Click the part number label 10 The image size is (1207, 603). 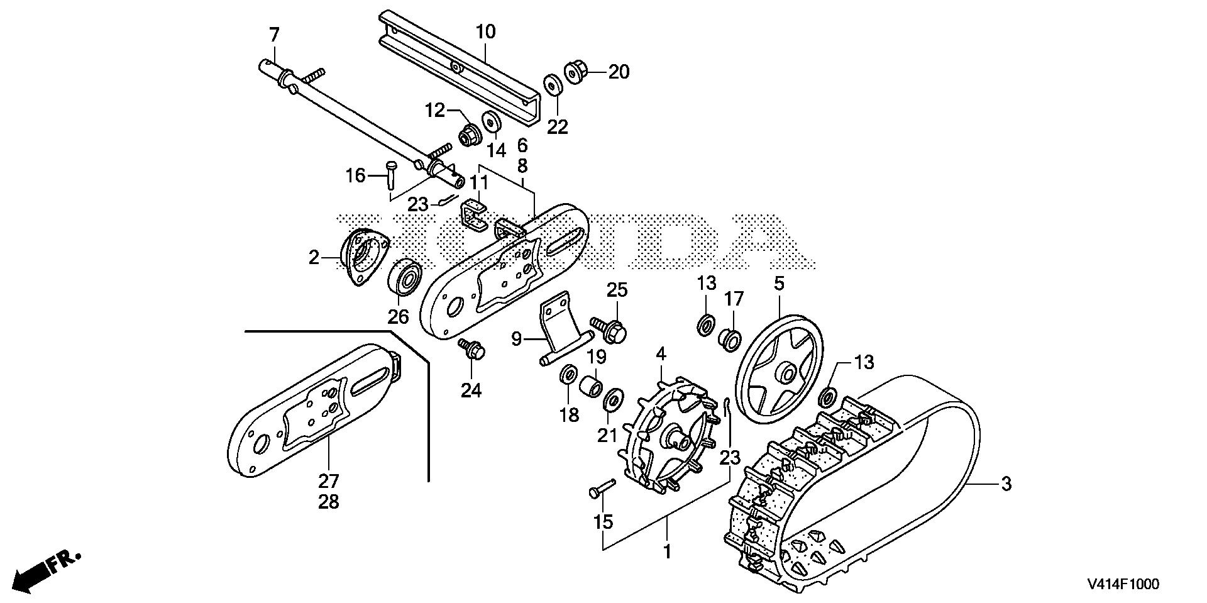click(x=485, y=31)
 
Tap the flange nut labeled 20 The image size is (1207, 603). click(x=573, y=72)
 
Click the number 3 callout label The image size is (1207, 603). click(x=1006, y=484)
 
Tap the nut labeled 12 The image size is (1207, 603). click(x=468, y=134)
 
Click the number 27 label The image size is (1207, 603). click(x=328, y=482)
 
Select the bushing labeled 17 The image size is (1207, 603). click(x=730, y=338)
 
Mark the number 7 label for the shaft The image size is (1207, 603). click(x=274, y=35)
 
